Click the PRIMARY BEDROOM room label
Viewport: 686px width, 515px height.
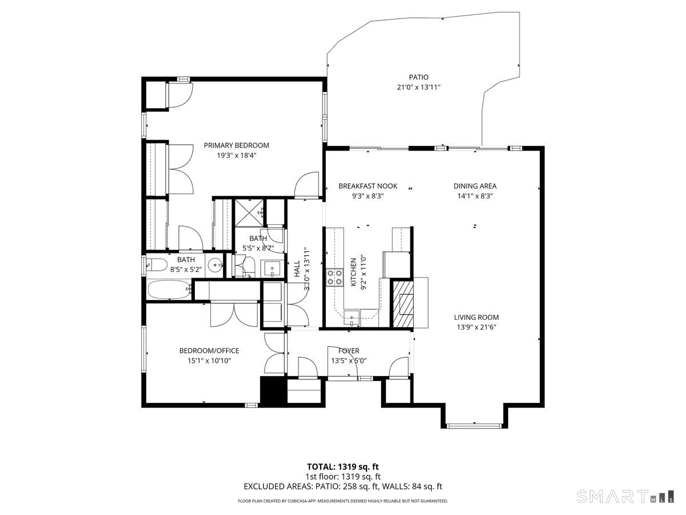click(236, 145)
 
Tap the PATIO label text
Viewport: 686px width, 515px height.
click(418, 77)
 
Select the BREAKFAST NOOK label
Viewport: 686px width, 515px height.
click(368, 186)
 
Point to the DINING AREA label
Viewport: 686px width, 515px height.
click(474, 186)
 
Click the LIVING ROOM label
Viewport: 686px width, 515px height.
click(476, 317)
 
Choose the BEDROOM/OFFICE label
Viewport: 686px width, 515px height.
click(209, 351)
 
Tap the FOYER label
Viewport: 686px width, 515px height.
click(349, 351)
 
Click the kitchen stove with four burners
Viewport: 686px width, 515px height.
click(334, 278)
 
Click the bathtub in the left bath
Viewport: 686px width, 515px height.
click(169, 289)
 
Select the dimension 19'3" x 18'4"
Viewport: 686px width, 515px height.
click(236, 155)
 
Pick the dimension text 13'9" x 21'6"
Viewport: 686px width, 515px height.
click(476, 327)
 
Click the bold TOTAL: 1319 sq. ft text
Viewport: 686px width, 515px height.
click(343, 466)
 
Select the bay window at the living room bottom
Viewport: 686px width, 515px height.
click(474, 425)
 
